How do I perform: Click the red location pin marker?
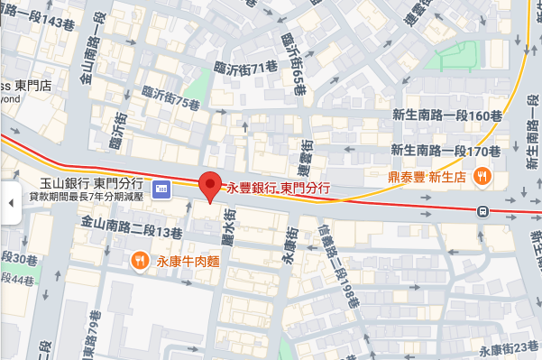(x=210, y=187)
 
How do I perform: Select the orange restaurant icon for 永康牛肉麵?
(x=140, y=262)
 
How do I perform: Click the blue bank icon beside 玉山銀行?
(x=161, y=189)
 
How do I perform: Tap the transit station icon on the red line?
(x=484, y=212)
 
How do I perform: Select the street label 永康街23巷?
(x=510, y=350)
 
